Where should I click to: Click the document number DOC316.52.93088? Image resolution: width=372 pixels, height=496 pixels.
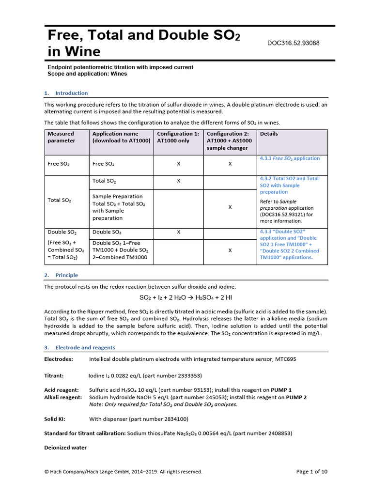coord(293,43)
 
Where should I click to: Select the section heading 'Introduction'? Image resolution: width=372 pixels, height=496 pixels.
coord(71,93)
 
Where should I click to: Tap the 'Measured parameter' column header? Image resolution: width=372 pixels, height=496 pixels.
coord(61,137)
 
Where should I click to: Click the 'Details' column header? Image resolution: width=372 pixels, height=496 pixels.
coord(269,134)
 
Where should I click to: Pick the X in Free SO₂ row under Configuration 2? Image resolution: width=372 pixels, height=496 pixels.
coord(230,164)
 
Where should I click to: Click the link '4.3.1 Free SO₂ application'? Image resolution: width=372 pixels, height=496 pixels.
coord(290,158)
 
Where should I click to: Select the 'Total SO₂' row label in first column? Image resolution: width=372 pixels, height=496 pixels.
coord(60,200)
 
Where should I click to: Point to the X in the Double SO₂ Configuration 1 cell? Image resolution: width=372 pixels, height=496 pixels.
coord(178,232)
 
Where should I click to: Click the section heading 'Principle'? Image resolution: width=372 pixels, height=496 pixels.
coord(66,275)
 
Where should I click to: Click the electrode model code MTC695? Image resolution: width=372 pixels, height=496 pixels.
coord(285,359)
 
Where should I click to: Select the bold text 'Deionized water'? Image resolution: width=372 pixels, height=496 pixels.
coord(65,448)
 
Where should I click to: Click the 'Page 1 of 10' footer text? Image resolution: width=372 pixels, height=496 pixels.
coord(311,472)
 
